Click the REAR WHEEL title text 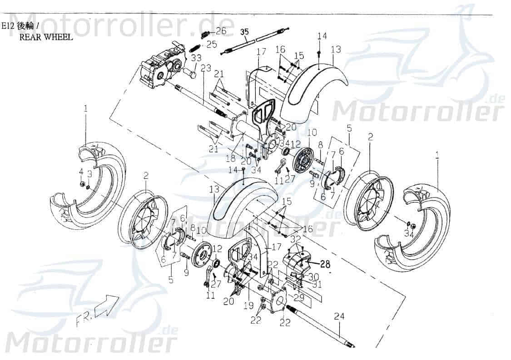[x=45, y=37]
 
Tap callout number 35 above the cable [x=244, y=31]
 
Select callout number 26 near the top [x=221, y=31]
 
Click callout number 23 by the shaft [x=206, y=68]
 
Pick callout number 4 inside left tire [x=81, y=172]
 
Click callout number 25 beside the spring [x=212, y=44]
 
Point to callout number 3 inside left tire [x=89, y=173]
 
